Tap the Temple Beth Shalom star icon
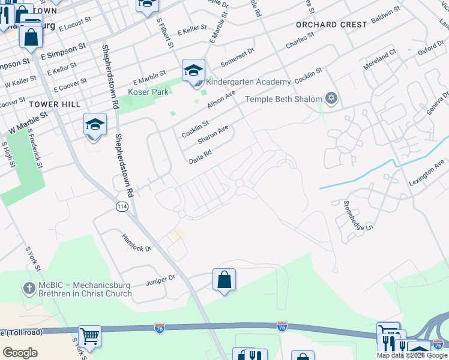click(x=331, y=98)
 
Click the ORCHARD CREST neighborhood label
click(x=331, y=25)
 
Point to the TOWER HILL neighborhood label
click(x=54, y=104)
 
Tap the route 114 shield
click(x=122, y=206)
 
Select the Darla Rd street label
click(x=200, y=157)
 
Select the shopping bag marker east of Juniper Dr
click(x=224, y=280)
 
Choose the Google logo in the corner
click(x=20, y=353)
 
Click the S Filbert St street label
click(x=164, y=33)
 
